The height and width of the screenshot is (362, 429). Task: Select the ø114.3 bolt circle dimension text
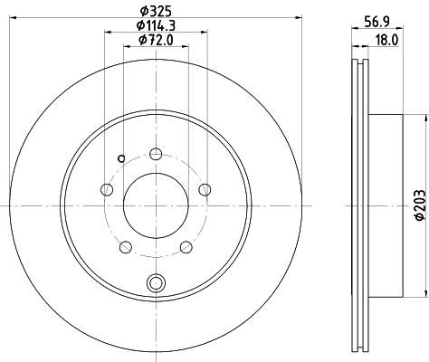(x=156, y=25)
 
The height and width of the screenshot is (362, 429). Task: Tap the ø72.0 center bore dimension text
(x=156, y=40)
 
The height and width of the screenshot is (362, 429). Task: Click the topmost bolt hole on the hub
(x=156, y=153)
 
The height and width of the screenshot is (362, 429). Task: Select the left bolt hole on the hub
(x=107, y=189)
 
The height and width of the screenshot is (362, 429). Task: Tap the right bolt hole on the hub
(x=205, y=189)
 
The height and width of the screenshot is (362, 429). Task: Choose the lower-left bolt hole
(x=125, y=246)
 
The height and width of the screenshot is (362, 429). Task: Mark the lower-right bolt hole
(x=186, y=246)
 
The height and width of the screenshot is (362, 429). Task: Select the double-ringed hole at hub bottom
(x=156, y=282)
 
